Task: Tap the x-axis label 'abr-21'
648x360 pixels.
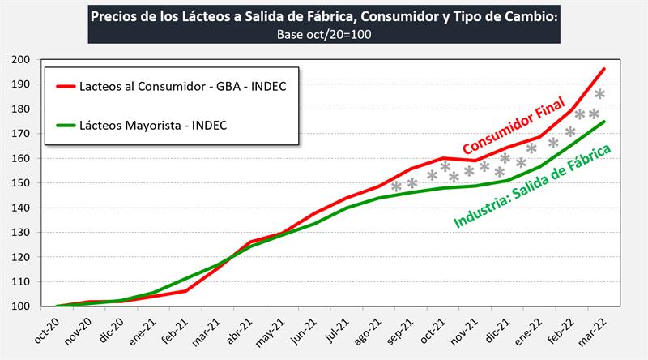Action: pos(235,332)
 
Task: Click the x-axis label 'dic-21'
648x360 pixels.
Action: pos(492,332)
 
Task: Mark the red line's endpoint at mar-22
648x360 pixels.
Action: pos(604,69)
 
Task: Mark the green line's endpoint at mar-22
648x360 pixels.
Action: pos(604,122)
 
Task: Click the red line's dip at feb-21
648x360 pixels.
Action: pos(185,290)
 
